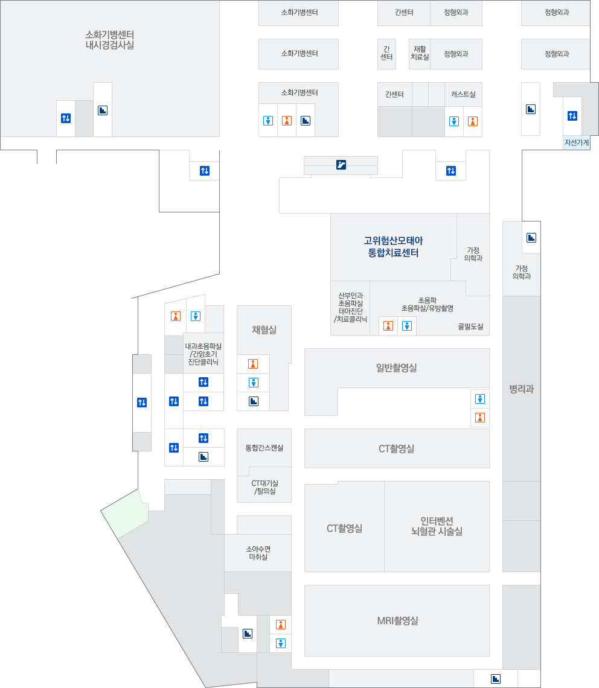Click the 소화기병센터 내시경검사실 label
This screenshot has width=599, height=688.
pyautogui.click(x=109, y=39)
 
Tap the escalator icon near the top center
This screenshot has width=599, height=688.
pyautogui.click(x=341, y=165)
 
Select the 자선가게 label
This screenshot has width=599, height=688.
pyautogui.click(x=577, y=142)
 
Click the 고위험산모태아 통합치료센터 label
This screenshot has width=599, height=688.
pyautogui.click(x=393, y=247)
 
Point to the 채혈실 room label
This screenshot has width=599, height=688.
pyautogui.click(x=264, y=330)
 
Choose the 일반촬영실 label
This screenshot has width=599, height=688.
pyautogui.click(x=396, y=368)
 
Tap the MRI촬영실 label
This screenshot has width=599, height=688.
pyautogui.click(x=397, y=620)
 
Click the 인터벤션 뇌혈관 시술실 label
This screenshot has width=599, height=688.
pyautogui.click(x=437, y=526)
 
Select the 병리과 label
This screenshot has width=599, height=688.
pyautogui.click(x=521, y=389)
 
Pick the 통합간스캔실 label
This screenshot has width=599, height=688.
pyautogui.click(x=264, y=448)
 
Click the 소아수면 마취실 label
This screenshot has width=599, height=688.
pyautogui.click(x=258, y=553)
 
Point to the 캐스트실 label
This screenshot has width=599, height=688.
pyautogui.click(x=463, y=94)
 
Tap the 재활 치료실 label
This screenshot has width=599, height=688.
pyautogui.click(x=420, y=53)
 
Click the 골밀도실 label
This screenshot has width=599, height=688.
pyautogui.click(x=470, y=326)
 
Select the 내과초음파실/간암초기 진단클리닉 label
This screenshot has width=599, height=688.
pyautogui.click(x=203, y=354)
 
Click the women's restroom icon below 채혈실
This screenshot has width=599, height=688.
pyautogui.click(x=253, y=364)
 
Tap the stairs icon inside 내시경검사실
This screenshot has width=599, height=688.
pyautogui.click(x=103, y=110)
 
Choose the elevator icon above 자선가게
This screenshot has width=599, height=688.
pyautogui.click(x=572, y=116)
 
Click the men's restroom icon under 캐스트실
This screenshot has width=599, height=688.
pyautogui.click(x=454, y=121)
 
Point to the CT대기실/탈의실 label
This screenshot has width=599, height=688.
pyautogui.click(x=264, y=487)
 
